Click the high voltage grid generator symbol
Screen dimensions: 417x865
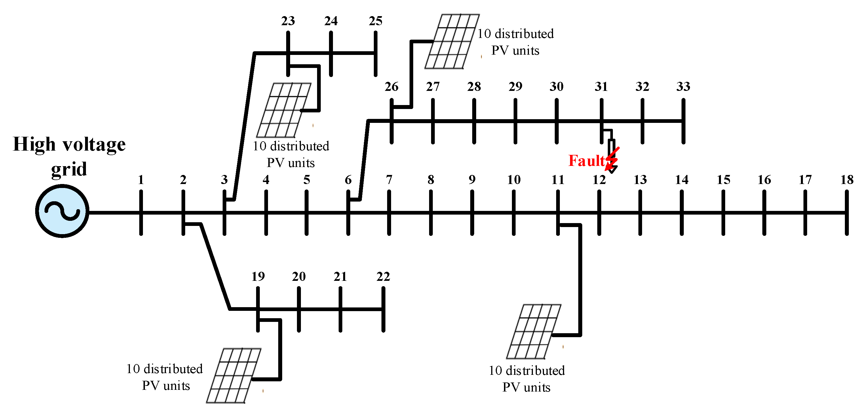[x=62, y=211]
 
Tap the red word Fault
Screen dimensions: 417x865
[x=586, y=161]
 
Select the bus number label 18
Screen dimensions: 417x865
[x=847, y=180]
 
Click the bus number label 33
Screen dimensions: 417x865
[x=683, y=87]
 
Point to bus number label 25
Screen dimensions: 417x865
[x=375, y=21]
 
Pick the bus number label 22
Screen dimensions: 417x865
[x=383, y=277]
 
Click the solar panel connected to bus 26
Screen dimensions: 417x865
[x=452, y=42]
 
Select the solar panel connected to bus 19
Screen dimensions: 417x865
[x=234, y=375]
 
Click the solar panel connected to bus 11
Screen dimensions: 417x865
[x=533, y=332]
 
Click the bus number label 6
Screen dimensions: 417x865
[x=348, y=180]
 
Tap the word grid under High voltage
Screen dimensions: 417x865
[x=69, y=169]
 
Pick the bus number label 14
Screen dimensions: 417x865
[x=682, y=180]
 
